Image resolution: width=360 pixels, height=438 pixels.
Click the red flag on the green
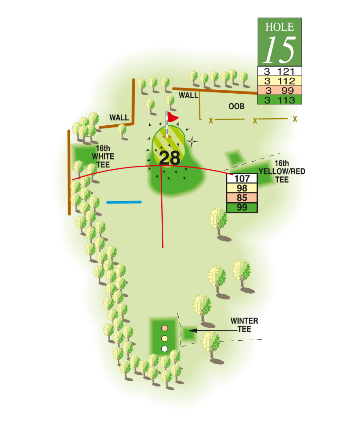(172, 117)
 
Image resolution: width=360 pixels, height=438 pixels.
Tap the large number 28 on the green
(169, 158)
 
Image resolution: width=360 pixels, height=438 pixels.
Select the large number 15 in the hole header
(280, 50)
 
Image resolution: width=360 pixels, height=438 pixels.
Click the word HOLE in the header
(280, 26)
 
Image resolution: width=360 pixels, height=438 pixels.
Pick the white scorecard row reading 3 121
(280, 71)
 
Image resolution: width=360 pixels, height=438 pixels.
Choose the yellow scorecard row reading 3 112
(280, 81)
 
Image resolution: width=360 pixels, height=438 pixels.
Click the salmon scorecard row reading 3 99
(280, 91)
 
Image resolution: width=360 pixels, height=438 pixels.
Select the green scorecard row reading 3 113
(280, 100)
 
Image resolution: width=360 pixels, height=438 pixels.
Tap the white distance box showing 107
(242, 179)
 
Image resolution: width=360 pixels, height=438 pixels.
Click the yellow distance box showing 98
(242, 188)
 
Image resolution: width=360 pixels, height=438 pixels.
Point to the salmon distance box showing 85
(242, 198)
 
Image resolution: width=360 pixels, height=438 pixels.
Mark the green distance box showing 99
(242, 208)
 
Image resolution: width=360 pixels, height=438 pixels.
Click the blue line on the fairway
(124, 202)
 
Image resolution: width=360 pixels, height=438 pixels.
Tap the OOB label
(236, 107)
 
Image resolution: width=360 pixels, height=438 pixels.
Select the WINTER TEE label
(244, 325)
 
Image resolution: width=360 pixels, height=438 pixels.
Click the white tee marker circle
(164, 349)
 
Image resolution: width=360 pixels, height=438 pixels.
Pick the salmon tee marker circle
(164, 328)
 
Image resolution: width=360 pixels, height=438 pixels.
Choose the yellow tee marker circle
(164, 338)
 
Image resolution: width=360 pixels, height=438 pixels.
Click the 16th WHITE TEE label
(103, 156)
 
